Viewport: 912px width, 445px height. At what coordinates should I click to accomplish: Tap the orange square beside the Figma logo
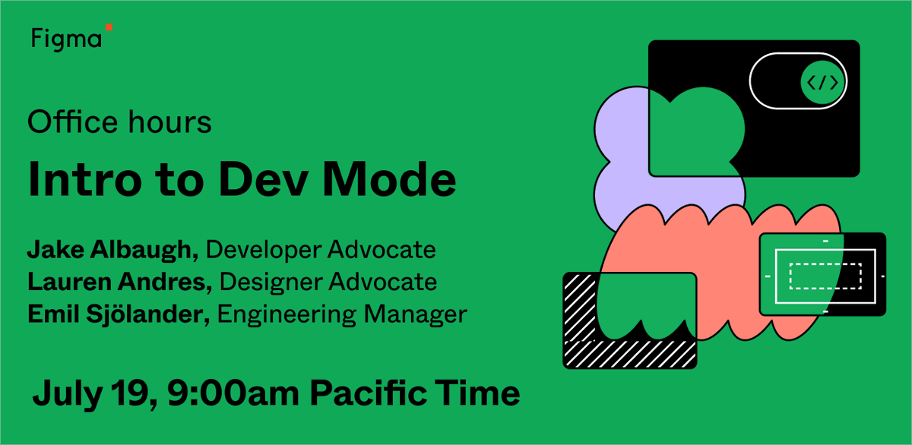(109, 27)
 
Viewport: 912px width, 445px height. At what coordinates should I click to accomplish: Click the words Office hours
(119, 122)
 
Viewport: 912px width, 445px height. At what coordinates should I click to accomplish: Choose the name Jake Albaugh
(112, 250)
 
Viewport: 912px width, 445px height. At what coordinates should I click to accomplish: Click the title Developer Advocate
(321, 250)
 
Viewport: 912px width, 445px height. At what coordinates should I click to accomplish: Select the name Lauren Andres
(119, 282)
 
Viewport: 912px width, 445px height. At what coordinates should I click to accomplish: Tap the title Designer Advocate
(328, 282)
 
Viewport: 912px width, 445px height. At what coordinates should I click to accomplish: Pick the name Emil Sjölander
(118, 314)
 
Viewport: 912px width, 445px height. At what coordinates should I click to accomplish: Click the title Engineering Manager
(342, 314)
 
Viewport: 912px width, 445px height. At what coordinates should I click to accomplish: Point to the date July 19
(90, 393)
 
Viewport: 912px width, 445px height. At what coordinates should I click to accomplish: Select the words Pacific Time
(416, 393)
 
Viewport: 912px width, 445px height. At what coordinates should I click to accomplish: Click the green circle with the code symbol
(822, 82)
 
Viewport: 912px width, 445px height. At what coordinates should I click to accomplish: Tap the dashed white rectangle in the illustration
(825, 276)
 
